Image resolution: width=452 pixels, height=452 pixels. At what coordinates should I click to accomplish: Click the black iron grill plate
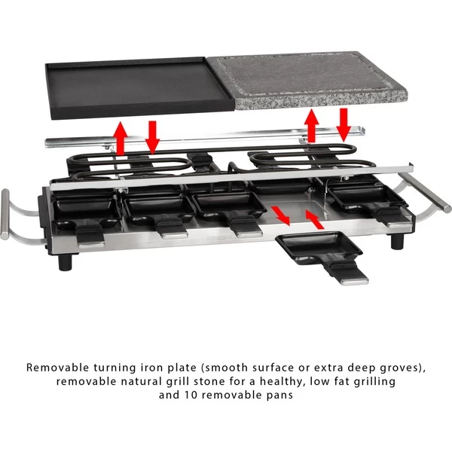[x=140, y=88]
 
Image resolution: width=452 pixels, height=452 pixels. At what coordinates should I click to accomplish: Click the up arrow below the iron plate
[x=121, y=138]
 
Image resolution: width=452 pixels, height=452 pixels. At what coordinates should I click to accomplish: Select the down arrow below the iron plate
[x=152, y=137]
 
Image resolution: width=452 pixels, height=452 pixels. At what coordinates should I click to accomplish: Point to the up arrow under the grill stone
[x=312, y=125]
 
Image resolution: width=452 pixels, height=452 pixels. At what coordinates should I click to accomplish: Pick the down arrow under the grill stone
[x=344, y=125]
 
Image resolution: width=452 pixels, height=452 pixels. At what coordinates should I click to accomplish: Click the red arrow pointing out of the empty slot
[x=280, y=215]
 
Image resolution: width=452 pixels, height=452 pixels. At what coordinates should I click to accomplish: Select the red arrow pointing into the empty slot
[x=314, y=219]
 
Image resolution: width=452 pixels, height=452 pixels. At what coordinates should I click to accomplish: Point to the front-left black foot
[x=65, y=261]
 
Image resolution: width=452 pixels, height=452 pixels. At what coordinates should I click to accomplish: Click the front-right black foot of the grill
[x=397, y=242]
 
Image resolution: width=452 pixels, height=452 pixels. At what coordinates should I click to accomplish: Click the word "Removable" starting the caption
[x=58, y=368]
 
